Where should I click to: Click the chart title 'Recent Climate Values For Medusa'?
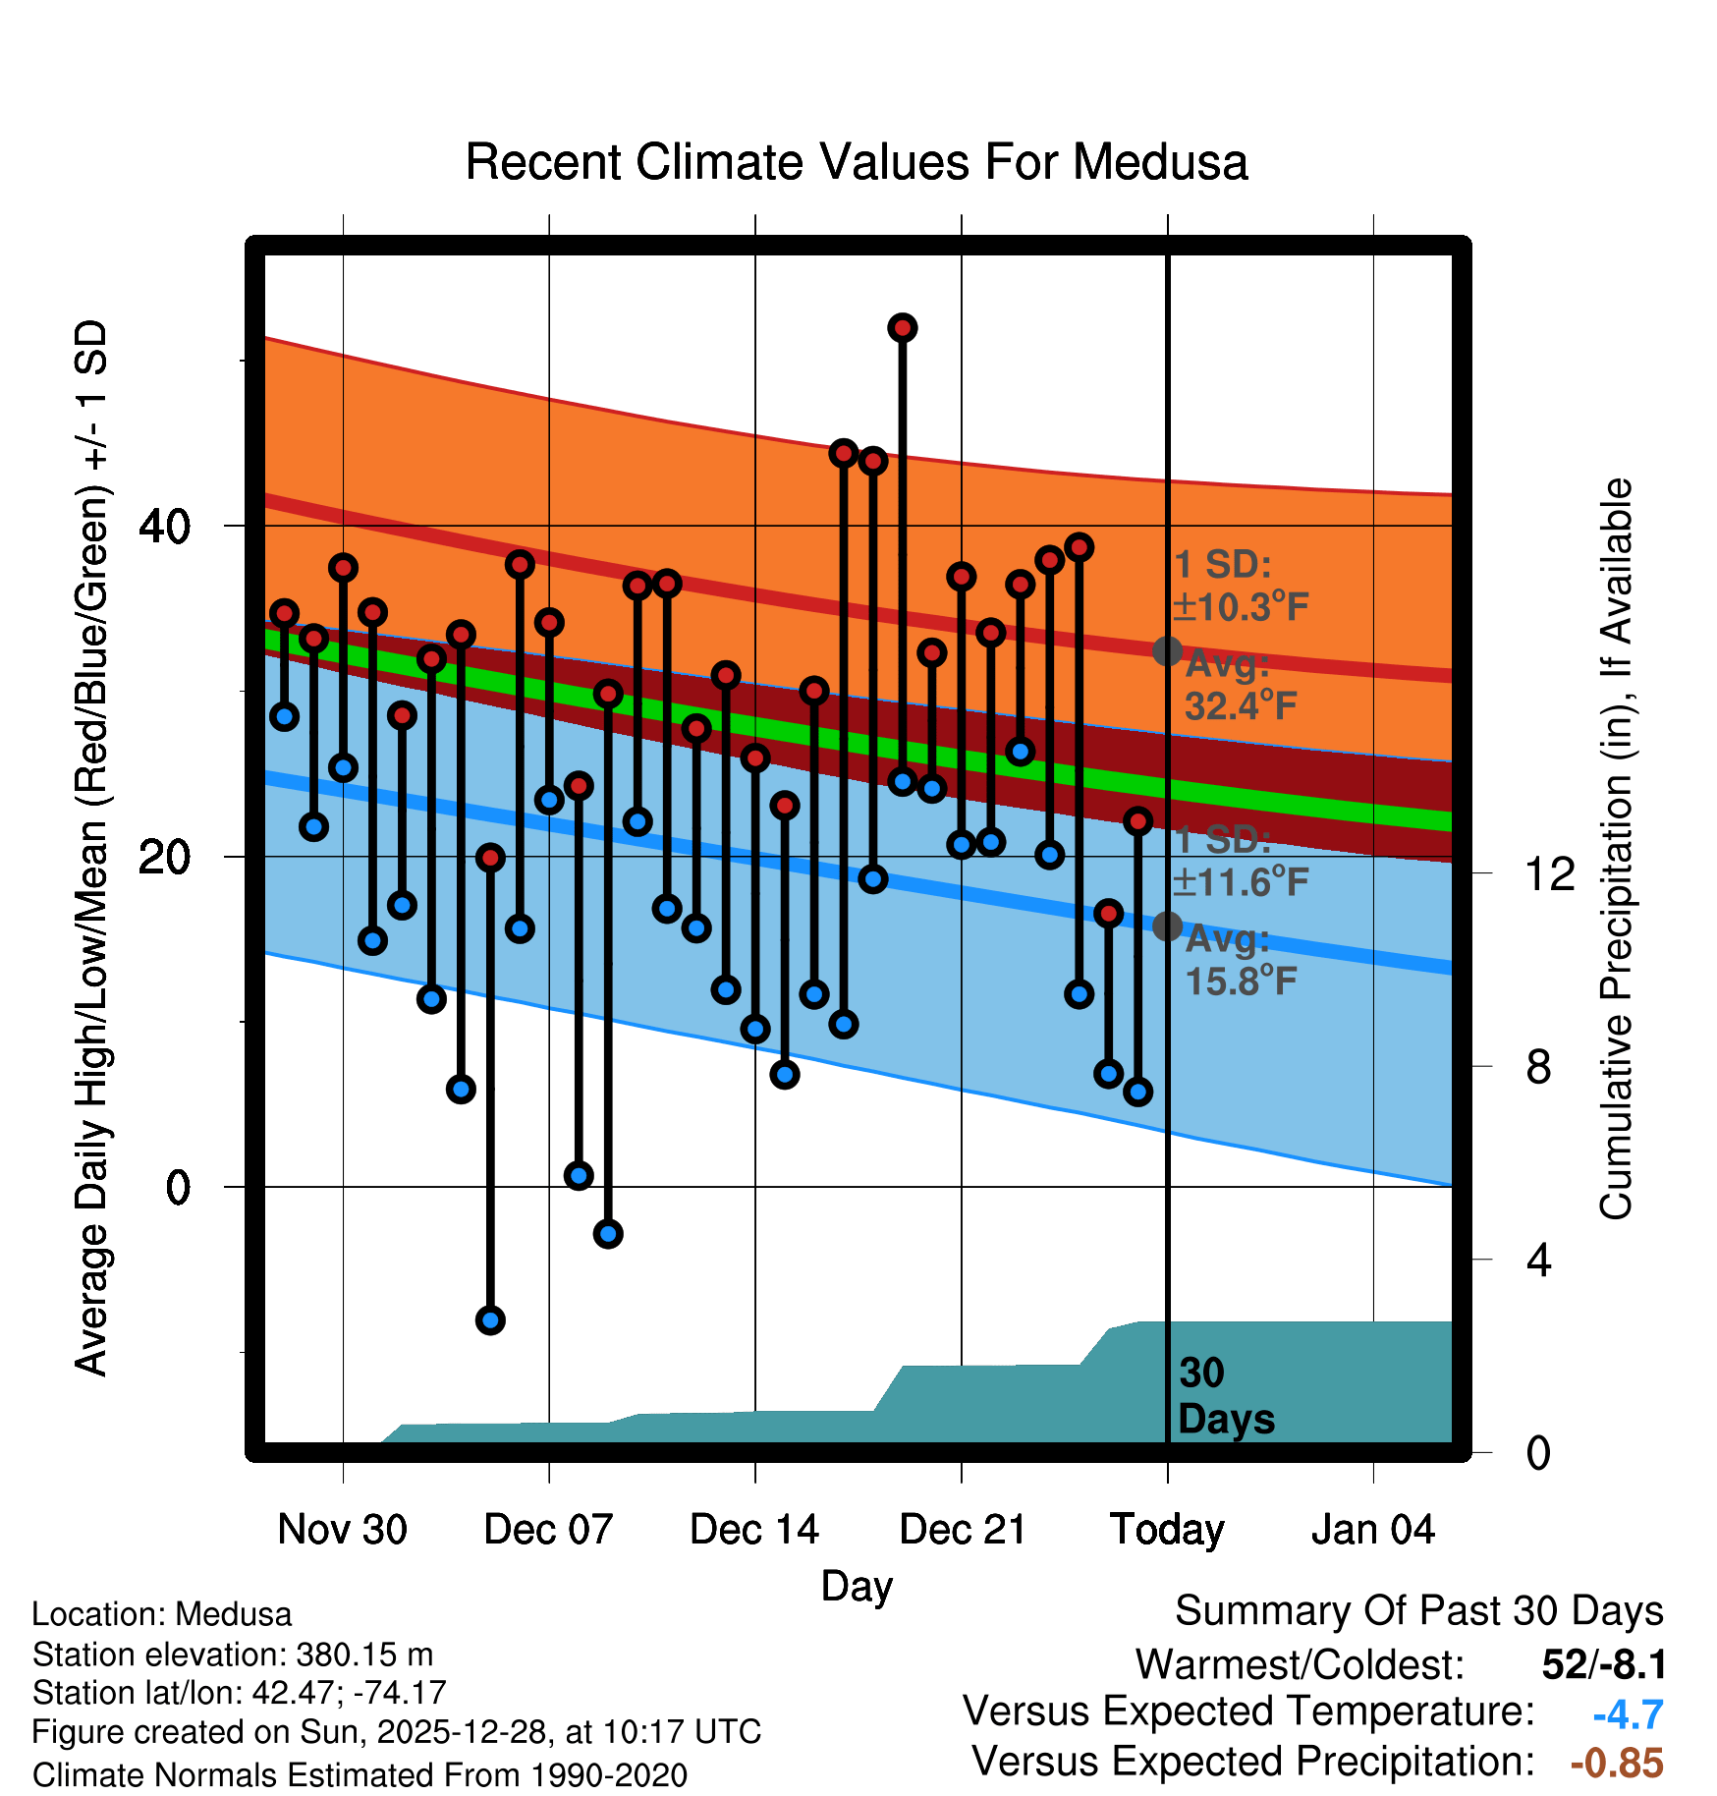857,162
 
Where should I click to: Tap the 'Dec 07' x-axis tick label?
548,1530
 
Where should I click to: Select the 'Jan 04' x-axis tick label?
1372,1530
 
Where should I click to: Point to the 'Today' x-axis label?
1167,1530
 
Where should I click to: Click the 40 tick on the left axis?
165,527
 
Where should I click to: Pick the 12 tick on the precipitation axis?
1550,873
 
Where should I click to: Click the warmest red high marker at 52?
903,328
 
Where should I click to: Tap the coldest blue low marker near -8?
490,1319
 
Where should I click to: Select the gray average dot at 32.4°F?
1167,650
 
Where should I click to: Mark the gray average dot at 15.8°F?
1167,926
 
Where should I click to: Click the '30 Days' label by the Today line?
1225,1396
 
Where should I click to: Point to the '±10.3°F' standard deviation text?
1242,607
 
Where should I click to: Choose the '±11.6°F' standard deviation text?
1242,882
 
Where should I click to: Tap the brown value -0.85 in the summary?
1617,1763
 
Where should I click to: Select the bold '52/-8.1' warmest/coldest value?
1604,1664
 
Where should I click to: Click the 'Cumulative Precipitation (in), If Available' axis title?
1616,850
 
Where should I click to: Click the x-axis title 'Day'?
857,1586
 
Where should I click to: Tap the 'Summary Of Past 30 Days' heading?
1418,1611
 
